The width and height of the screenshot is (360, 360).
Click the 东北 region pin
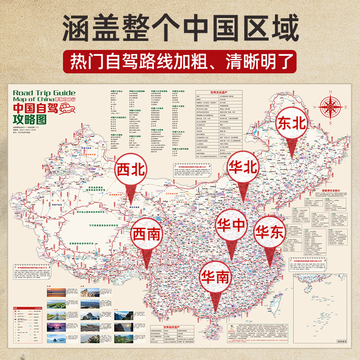(x=292, y=124)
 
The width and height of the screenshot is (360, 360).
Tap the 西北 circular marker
(x=131, y=170)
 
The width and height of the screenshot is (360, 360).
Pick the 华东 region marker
(x=270, y=232)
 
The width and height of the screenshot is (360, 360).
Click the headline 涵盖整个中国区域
(x=180, y=28)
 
